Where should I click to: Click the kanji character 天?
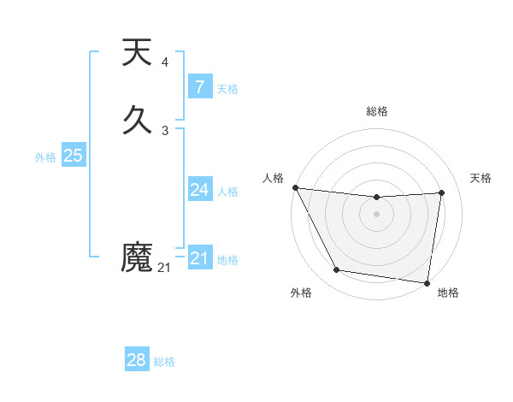(x=138, y=53)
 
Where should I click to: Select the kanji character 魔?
(x=138, y=257)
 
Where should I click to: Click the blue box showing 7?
(x=199, y=87)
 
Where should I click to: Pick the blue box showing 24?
(x=199, y=190)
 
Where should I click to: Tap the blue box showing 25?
(x=73, y=156)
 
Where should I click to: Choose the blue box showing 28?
(x=137, y=360)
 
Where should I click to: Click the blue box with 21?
(x=199, y=258)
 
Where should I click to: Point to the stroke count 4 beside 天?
(x=165, y=62)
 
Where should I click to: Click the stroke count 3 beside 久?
(x=165, y=131)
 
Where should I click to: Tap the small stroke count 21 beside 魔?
(x=164, y=268)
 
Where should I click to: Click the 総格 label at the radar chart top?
(x=377, y=111)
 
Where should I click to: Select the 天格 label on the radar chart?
(x=481, y=178)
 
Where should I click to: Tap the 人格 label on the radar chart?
(x=273, y=178)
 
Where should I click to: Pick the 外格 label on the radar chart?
(x=301, y=293)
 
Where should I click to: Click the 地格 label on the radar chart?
(x=448, y=293)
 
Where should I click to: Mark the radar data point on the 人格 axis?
(x=295, y=187)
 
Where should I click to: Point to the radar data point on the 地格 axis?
(x=427, y=282)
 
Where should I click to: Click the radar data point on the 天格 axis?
(x=442, y=192)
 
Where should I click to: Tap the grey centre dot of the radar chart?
(x=377, y=214)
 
